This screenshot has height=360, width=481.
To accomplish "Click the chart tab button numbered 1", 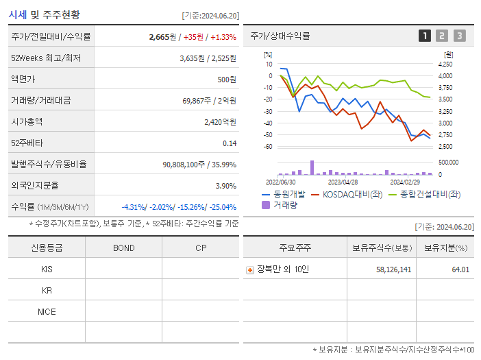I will click(425, 36).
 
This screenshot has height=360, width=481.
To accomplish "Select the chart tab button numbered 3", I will click(459, 36).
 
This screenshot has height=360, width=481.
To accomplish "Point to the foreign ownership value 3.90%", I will click(225, 186).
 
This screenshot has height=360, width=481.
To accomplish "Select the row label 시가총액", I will click(27, 122).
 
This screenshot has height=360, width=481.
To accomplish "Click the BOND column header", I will click(123, 248).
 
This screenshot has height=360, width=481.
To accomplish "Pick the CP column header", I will click(201, 248).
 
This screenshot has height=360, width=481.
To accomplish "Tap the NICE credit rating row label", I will click(47, 312).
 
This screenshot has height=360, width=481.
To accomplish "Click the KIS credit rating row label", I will click(47, 269).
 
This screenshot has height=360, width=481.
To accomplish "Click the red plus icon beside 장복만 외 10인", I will click(250, 269).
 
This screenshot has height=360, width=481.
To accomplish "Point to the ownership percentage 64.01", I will click(460, 269).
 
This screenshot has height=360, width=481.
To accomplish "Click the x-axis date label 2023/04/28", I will click(343, 182).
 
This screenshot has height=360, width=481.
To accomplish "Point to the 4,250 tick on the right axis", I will click(445, 64).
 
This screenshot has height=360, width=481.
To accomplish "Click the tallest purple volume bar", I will click(312, 168).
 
